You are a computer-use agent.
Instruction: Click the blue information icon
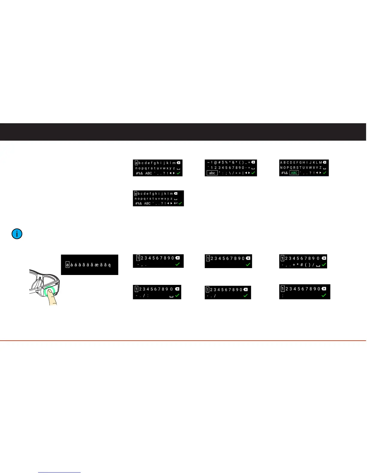pos(17,234)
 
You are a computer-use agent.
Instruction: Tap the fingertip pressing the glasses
pos(52,297)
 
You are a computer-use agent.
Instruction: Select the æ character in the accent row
pos(97,265)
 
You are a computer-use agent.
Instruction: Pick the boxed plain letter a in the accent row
pos(67,265)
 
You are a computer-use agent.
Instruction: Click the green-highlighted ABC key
pos(294,173)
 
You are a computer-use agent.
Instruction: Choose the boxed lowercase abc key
pos(212,173)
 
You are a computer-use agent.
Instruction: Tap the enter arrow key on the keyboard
pos(176,203)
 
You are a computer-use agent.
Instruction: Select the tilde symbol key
pos(208,162)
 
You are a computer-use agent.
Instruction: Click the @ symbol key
pos(216,162)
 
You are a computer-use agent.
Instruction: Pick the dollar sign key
pos(223,162)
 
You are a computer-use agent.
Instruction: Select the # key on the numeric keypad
pos(302,265)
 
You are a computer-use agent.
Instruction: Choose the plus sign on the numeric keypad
pos(294,265)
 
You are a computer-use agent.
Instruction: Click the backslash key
pos(229,173)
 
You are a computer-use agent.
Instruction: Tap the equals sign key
pos(249,168)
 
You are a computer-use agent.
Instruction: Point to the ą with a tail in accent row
pos(109,265)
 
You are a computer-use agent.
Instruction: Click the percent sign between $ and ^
pos(226,162)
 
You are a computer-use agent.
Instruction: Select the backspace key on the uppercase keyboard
pos(324,162)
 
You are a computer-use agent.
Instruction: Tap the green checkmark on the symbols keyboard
pos(253,173)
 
